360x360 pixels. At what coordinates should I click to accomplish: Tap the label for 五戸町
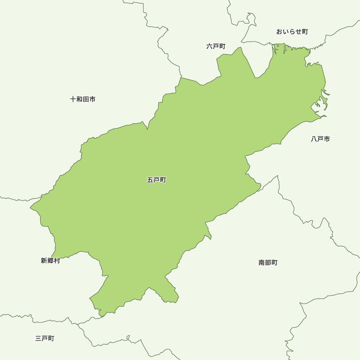157,180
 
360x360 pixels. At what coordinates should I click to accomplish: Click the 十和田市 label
83,99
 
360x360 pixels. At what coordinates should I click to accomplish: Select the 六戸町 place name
216,46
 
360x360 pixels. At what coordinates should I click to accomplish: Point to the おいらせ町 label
292,32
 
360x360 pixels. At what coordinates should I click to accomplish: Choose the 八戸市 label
320,139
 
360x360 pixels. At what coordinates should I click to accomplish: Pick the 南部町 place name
268,263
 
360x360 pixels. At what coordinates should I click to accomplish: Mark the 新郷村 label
50,261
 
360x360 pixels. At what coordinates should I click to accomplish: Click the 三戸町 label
45,338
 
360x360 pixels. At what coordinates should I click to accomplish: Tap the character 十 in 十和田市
73,99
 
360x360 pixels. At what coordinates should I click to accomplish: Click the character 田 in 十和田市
86,99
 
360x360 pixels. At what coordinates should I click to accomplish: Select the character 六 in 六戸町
210,46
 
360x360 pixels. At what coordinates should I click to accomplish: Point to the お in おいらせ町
279,32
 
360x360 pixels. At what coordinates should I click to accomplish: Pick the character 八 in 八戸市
314,139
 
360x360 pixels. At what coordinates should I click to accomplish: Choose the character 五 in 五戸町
150,180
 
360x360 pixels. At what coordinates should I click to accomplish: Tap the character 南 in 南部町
262,263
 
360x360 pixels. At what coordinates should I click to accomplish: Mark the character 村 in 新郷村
57,261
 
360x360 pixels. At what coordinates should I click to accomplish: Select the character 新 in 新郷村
44,261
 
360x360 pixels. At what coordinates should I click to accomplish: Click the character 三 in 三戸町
39,338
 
